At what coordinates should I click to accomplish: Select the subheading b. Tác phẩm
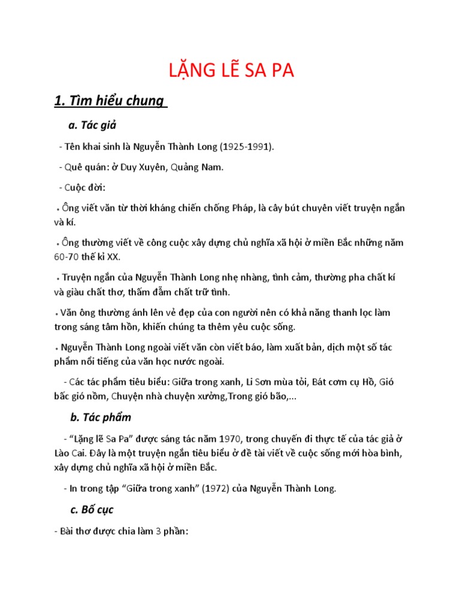click(x=101, y=417)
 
